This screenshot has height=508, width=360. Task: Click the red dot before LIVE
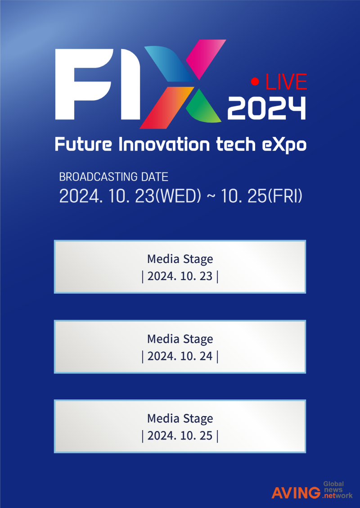tap(256, 82)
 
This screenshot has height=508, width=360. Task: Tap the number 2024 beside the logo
tap(266, 109)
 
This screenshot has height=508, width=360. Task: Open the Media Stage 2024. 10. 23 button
tap(180, 267)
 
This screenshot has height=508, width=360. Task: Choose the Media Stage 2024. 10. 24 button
tap(180, 347)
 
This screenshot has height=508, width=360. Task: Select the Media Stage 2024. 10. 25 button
tap(180, 426)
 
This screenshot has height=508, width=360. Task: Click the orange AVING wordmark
tap(297, 492)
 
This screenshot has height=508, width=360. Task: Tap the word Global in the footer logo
tap(333, 484)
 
